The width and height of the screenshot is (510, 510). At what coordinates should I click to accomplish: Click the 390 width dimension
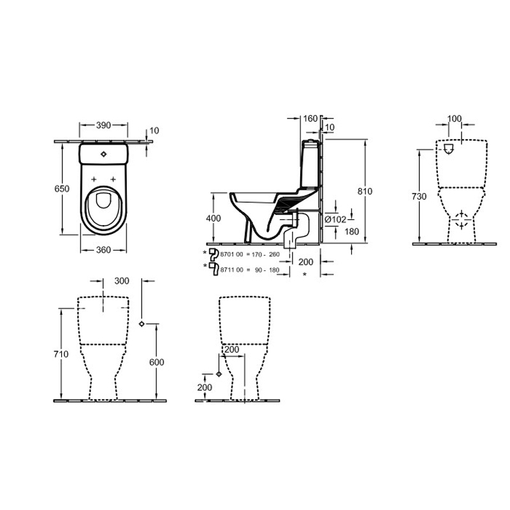pos(103,125)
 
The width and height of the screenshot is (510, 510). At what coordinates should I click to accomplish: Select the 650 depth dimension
pos(62,189)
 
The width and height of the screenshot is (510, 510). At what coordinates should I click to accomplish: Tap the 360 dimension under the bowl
pos(103,250)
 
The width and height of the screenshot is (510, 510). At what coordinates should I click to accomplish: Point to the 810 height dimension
pos(365,191)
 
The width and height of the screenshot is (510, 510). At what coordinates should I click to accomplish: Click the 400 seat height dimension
pos(214,218)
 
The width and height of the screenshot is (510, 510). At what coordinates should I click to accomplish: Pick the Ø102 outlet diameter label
pos(336,220)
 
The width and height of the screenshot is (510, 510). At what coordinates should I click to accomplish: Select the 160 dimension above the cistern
pos(310,119)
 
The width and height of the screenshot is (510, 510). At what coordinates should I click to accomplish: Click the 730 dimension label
pos(419,196)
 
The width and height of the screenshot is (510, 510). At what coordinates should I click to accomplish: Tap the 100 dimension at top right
pos(455,119)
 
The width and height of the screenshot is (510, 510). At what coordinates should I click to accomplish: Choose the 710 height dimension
pos(61,354)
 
